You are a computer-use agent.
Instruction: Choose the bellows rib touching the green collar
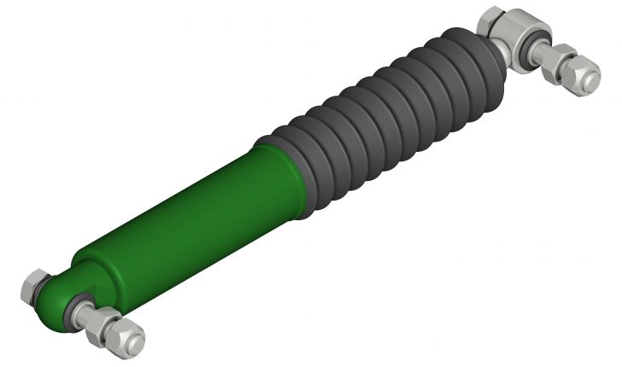tap(303, 166)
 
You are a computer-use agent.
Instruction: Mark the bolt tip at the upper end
tap(592, 81)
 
